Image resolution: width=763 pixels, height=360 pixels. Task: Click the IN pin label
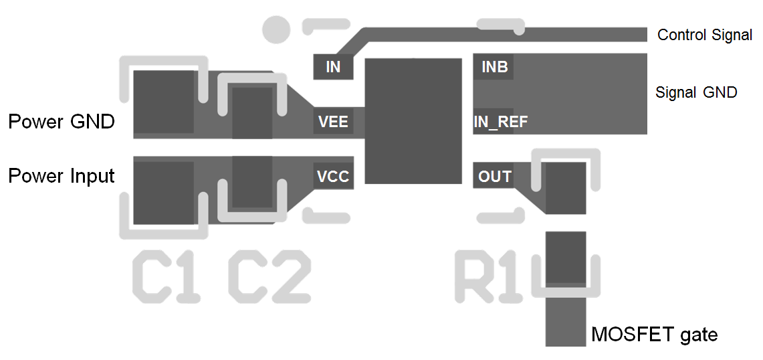(333, 67)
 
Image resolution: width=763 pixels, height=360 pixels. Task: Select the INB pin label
(495, 67)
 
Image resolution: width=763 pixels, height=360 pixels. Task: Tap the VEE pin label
(333, 122)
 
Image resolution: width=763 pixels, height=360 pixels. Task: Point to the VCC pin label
(333, 177)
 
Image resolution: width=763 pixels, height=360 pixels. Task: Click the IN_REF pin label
(501, 122)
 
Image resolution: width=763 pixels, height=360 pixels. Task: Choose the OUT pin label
(495, 177)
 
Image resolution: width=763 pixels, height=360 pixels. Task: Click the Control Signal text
(705, 35)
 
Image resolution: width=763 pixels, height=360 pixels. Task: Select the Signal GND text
(696, 92)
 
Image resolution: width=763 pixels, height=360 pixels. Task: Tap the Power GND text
(62, 122)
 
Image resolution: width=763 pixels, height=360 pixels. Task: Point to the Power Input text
(62, 176)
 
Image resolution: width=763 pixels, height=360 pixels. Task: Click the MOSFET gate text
(654, 334)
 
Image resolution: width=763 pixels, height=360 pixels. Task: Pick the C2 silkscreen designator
(269, 277)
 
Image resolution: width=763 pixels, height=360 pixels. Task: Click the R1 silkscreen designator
(489, 277)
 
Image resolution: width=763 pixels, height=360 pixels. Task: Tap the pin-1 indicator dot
(276, 29)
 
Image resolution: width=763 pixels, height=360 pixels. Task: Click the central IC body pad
(413, 121)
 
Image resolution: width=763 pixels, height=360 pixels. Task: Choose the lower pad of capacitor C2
(252, 182)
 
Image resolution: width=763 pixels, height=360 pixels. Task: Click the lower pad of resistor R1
(566, 257)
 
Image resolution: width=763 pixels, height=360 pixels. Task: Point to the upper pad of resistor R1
(566, 188)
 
